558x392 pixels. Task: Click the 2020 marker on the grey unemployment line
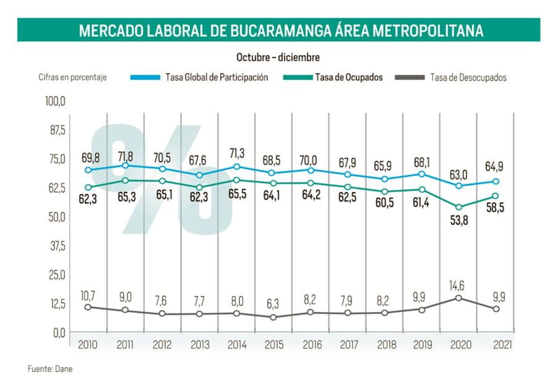[x=458, y=298]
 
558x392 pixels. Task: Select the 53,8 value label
[x=458, y=221]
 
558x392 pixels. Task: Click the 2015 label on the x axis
[x=274, y=345]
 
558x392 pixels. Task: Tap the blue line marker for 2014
[x=237, y=166]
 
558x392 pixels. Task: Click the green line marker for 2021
[x=496, y=196]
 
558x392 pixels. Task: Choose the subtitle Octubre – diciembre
[x=278, y=58]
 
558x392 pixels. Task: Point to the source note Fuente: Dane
[x=50, y=370]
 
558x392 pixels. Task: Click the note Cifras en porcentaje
[x=73, y=78]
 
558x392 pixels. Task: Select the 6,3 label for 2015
[x=274, y=305]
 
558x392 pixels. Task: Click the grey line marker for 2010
[x=88, y=307]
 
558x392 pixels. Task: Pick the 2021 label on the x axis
[x=503, y=345]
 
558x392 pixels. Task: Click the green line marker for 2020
[x=458, y=207]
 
